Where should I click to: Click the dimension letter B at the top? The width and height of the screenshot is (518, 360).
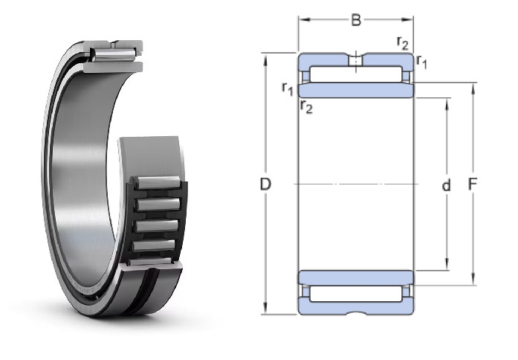[356, 20]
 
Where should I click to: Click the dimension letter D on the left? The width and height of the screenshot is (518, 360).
[265, 184]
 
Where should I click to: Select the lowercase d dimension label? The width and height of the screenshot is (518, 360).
[446, 185]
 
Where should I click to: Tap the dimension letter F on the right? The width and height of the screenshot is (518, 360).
[473, 184]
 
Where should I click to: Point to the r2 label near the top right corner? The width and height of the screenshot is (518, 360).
[403, 43]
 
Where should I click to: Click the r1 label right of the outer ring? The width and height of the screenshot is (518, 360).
[421, 62]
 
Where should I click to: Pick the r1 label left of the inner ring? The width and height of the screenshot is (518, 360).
[288, 89]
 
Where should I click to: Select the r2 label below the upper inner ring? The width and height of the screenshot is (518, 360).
[306, 107]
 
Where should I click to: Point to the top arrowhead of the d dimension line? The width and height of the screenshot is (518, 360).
[447, 103]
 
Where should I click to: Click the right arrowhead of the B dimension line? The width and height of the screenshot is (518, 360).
[408, 20]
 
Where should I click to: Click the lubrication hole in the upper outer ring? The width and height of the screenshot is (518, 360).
[356, 60]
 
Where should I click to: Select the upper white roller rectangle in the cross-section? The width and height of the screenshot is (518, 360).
[356, 74]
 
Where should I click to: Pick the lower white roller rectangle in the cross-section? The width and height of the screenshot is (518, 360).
[356, 294]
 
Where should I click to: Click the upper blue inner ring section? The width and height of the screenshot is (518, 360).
[356, 90]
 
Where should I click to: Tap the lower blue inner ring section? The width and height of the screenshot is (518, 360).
[356, 278]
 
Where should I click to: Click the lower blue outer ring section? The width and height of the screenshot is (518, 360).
[356, 307]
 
